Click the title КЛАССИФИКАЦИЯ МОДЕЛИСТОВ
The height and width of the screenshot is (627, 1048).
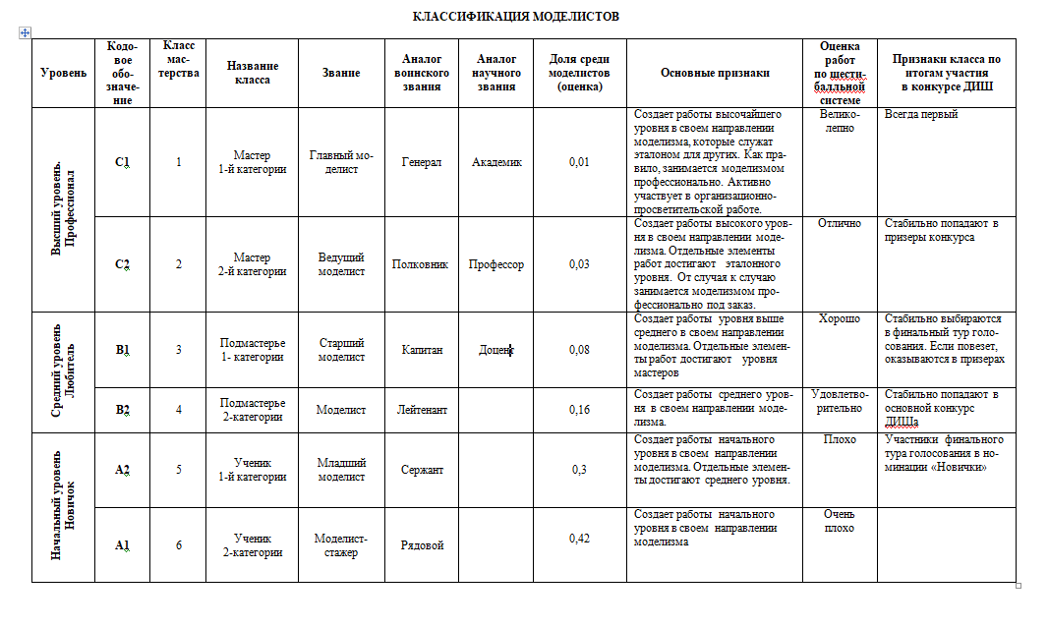[515, 17]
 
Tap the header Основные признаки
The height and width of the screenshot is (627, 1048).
[715, 73]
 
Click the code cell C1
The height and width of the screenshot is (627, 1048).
[122, 162]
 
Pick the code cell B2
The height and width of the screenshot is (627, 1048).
[122, 410]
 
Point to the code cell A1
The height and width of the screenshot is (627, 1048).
[122, 545]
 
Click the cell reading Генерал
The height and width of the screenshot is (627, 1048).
[422, 162]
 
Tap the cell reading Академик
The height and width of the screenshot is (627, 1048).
[496, 162]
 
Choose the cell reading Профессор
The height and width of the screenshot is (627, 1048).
[496, 264]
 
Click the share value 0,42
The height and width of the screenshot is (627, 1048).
[579, 539]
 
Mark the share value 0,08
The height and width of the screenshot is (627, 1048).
[579, 349]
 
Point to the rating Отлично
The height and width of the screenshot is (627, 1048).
[839, 224]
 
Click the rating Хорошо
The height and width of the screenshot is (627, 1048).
[839, 319]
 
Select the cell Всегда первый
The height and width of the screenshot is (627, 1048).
[920, 115]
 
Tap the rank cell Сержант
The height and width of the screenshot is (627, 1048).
[422, 470]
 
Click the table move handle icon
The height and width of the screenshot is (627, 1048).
[25, 32]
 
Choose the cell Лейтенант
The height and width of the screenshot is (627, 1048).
[422, 410]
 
